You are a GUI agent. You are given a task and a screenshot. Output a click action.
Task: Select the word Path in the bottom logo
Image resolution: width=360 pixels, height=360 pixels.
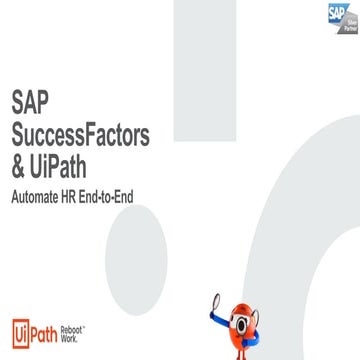click(x=43, y=332)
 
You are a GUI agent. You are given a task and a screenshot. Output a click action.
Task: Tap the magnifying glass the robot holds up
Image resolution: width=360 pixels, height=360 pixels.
click(x=215, y=300)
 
